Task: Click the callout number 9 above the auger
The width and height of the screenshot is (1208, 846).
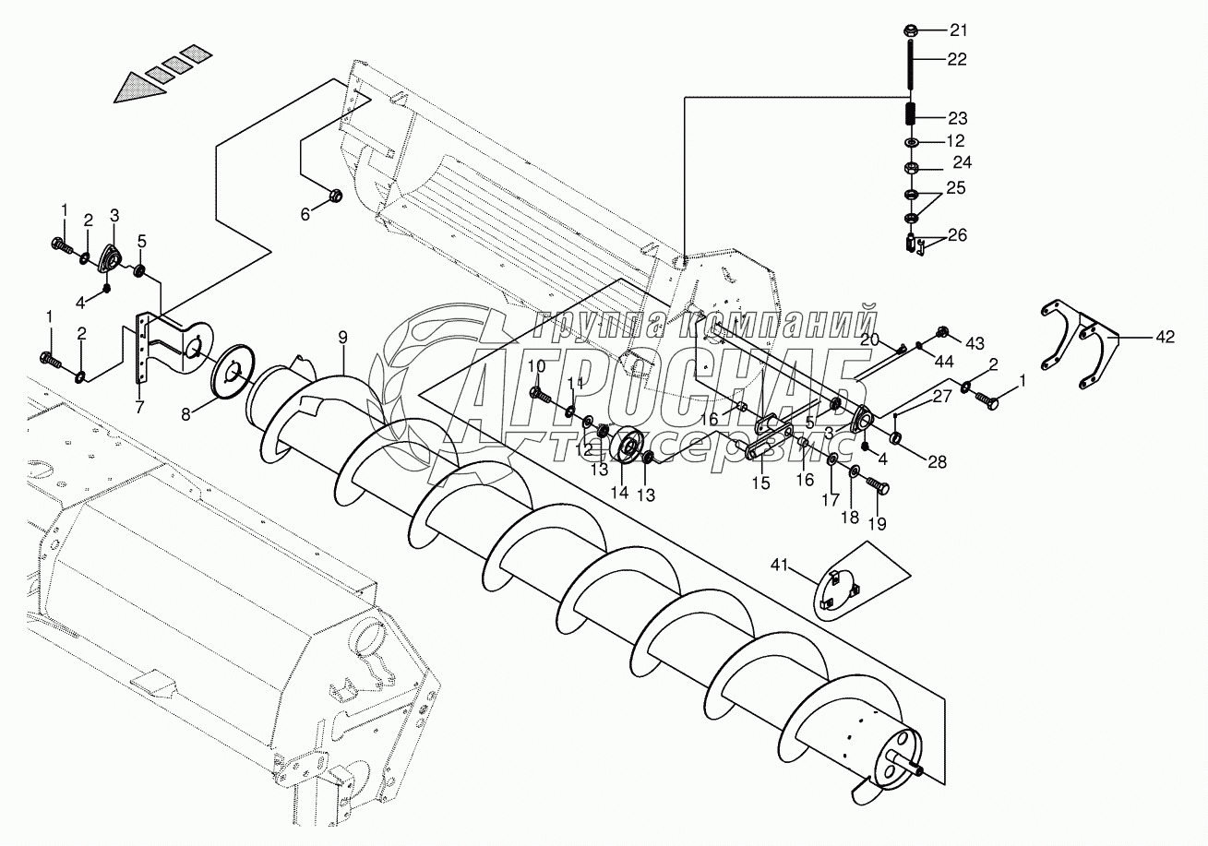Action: click(x=342, y=337)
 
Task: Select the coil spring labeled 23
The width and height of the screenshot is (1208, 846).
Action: click(x=910, y=117)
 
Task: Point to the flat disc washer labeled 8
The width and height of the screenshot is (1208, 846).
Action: click(x=231, y=375)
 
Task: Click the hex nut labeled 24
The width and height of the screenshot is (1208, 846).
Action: click(x=910, y=169)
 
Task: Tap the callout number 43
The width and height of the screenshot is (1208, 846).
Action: click(x=975, y=342)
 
